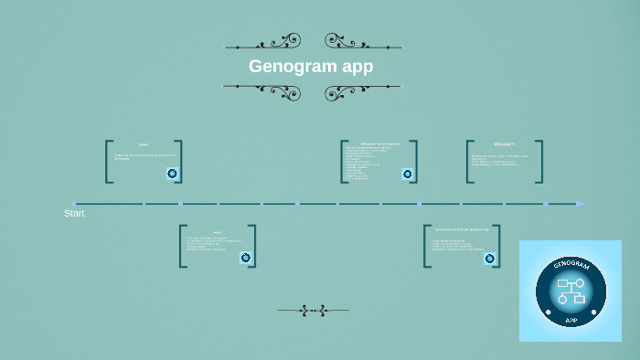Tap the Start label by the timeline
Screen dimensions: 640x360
point(74,213)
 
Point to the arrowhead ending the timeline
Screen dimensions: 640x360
point(581,204)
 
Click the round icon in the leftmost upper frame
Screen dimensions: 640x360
point(172,173)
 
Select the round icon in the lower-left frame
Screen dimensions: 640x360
point(245,258)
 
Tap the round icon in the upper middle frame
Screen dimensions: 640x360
point(407,174)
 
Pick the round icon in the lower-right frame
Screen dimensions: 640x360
point(490,259)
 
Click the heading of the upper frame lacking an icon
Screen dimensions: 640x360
point(504,144)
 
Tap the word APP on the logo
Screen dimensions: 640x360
point(571,320)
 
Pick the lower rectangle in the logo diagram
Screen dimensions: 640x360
point(578,299)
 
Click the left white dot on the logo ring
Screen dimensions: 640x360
point(549,312)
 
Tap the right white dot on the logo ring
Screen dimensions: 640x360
point(592,312)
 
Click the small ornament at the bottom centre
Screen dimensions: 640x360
point(313,311)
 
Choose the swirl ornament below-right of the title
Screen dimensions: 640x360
point(345,92)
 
